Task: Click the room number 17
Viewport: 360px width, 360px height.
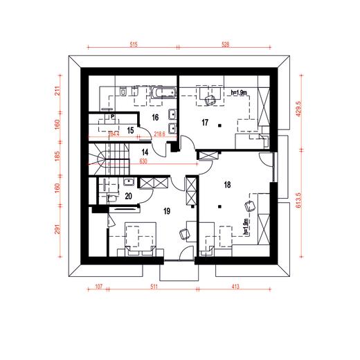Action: click(x=204, y=123)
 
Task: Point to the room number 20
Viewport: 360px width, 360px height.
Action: click(x=128, y=196)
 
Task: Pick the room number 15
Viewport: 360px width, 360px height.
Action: click(x=129, y=129)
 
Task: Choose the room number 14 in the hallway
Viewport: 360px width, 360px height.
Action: click(x=145, y=150)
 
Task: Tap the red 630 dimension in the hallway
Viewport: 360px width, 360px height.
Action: click(x=143, y=162)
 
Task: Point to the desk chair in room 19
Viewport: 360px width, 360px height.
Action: click(x=183, y=233)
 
